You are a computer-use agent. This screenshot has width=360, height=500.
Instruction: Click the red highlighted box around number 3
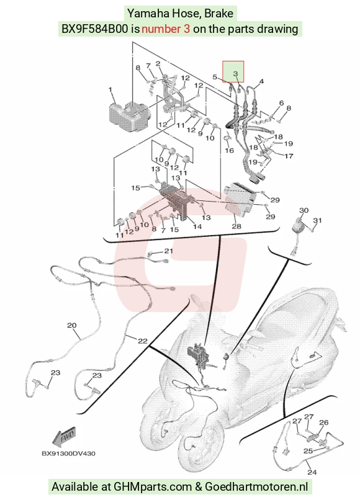point(233,71)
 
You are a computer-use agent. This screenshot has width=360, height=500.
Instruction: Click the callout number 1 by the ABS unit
point(110,90)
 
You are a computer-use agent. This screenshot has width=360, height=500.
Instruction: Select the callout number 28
point(236,226)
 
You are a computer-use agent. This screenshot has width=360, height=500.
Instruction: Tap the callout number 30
point(304,210)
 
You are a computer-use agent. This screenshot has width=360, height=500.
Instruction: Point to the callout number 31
point(318,220)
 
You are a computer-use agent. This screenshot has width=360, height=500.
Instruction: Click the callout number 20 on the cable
point(72,326)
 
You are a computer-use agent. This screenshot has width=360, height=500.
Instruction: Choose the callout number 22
point(142,341)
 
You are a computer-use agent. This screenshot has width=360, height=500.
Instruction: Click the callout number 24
point(312,472)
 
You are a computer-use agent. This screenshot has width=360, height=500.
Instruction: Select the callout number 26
point(323,422)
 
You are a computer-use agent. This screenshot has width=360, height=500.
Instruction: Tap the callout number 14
point(197,226)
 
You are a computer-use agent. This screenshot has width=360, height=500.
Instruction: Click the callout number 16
point(230,150)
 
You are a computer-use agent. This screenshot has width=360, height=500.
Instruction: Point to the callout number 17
point(289,156)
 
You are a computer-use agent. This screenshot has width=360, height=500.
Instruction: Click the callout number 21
point(168,251)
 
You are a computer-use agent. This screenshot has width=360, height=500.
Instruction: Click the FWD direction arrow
point(64,437)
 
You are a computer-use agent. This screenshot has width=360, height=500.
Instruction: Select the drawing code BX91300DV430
point(68,453)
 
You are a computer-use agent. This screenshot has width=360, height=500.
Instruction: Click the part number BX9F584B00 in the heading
point(95,29)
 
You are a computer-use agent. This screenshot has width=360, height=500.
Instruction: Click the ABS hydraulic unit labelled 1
point(129,116)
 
